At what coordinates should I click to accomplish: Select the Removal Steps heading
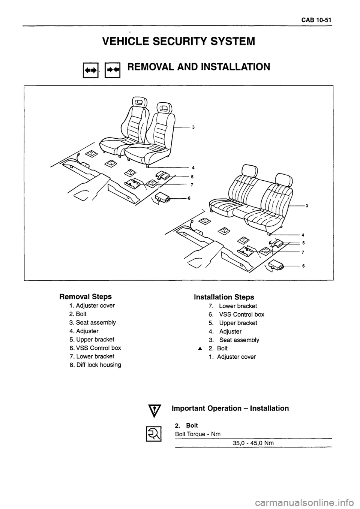coord(85,296)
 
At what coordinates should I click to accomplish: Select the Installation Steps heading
coord(224,297)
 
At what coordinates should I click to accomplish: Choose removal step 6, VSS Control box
coord(92,348)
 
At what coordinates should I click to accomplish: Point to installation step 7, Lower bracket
coord(233,306)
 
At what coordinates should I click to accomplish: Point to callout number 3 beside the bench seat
coord(307,206)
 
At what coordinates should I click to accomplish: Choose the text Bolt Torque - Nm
coord(198,434)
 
